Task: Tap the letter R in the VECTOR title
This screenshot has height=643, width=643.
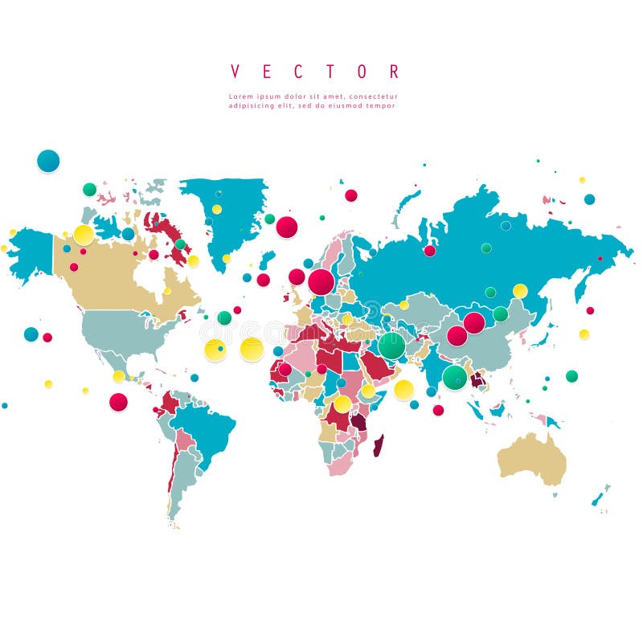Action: tap(394, 72)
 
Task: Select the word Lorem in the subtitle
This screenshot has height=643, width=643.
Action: tap(241, 96)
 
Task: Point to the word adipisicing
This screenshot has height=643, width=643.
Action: tap(252, 105)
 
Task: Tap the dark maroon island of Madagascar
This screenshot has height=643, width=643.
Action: tap(379, 443)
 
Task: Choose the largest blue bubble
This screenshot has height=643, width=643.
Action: tap(48, 161)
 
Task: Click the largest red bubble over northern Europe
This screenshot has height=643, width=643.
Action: tap(321, 282)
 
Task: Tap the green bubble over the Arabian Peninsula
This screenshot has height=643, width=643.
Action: tap(391, 346)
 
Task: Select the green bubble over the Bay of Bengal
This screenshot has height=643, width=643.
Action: tap(454, 377)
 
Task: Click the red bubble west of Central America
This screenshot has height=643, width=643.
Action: tap(118, 402)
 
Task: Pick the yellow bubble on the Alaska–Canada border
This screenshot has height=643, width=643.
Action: tap(84, 235)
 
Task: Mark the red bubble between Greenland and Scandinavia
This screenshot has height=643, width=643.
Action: tap(287, 227)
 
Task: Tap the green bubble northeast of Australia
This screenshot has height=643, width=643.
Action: tap(571, 376)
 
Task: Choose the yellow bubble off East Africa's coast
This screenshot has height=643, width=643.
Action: tap(403, 390)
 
